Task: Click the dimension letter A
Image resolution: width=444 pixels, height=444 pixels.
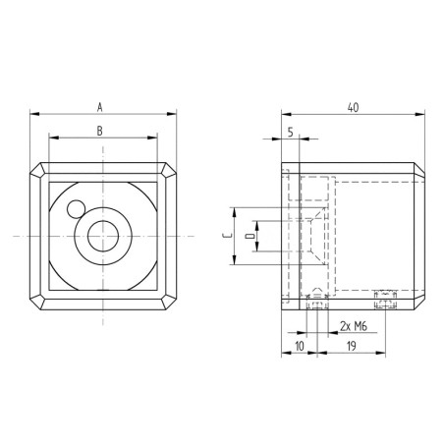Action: (x=100, y=103)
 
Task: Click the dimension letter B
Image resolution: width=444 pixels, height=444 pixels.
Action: (x=100, y=130)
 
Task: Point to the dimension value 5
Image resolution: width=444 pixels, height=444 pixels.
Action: (x=291, y=130)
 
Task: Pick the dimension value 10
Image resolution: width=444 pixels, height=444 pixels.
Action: (x=298, y=346)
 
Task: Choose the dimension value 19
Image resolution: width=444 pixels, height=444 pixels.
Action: (x=350, y=346)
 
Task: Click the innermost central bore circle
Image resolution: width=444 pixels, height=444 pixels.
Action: (x=101, y=236)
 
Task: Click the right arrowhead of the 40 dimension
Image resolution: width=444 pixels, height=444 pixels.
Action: (x=426, y=111)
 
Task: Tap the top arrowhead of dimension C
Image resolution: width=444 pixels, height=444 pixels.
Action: (x=235, y=211)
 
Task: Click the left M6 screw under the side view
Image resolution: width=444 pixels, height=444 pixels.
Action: (x=314, y=304)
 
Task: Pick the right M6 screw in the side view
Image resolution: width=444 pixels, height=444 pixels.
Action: (x=384, y=296)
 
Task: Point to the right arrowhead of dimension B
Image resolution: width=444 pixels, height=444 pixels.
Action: (x=152, y=138)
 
